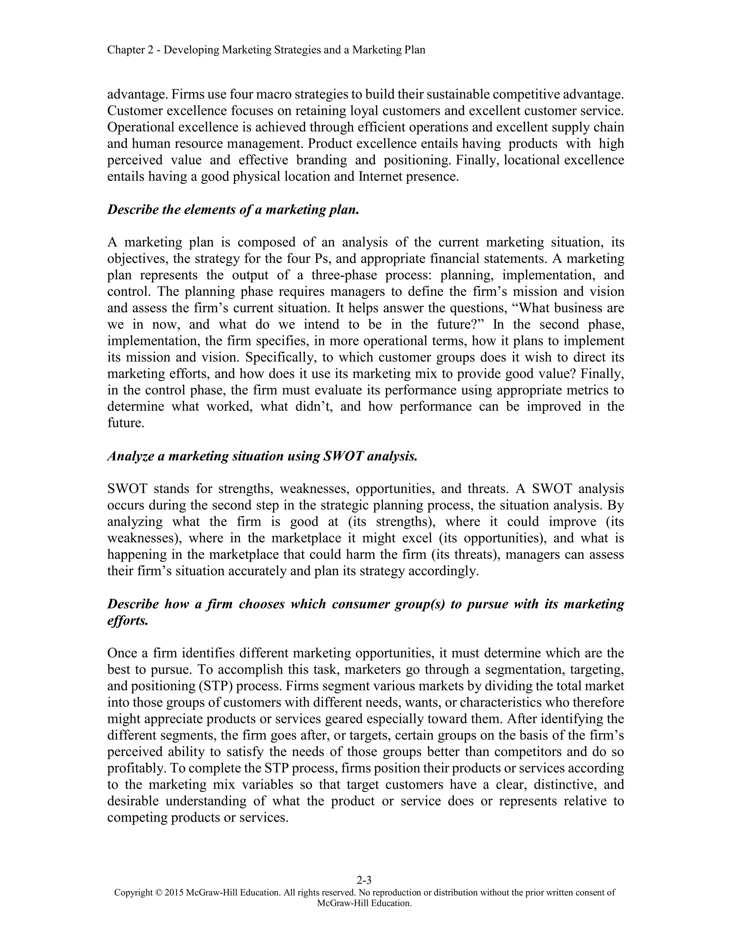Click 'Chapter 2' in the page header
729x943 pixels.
point(130,50)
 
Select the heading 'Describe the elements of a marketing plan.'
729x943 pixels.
point(233,210)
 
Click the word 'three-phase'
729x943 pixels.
point(344,275)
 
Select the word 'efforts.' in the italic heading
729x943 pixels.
point(128,621)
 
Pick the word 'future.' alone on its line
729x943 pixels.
point(126,423)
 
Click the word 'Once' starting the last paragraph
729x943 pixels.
point(122,653)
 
